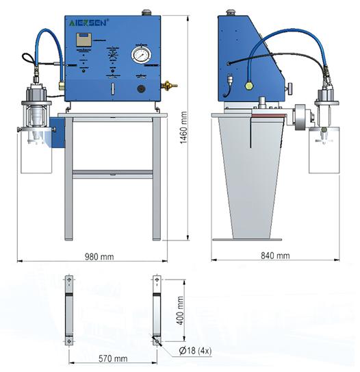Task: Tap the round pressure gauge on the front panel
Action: coord(140,55)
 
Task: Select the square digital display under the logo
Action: coord(85,40)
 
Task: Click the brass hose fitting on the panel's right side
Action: coord(167,86)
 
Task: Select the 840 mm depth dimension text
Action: coord(274,256)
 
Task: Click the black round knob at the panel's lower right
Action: coord(141,88)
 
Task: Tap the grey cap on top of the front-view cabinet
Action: coord(145,12)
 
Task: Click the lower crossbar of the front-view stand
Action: coord(113,173)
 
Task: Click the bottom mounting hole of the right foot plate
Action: coord(157,340)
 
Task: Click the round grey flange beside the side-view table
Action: coord(299,116)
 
